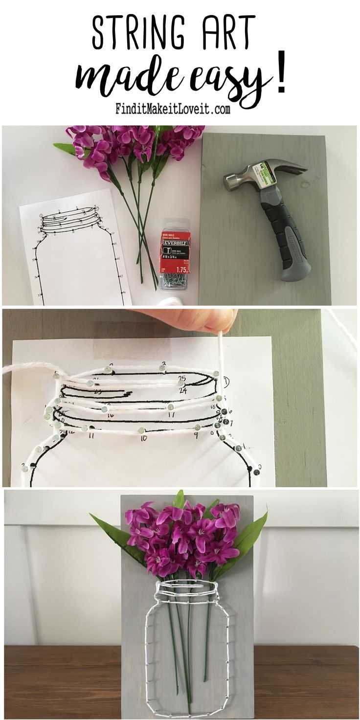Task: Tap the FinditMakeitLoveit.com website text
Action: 173,109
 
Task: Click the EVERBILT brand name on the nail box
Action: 175,242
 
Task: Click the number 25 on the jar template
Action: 182,378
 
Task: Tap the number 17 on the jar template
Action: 172,415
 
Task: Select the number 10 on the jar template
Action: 144,438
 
